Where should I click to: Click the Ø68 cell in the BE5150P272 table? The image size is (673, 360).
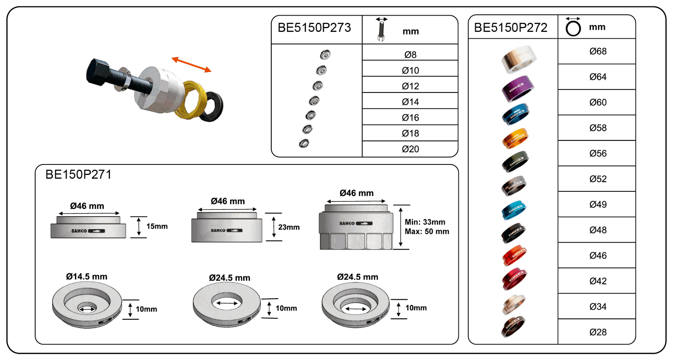coord(597,51)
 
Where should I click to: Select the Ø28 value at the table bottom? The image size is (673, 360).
coord(597,332)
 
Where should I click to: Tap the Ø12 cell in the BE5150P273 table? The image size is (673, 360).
coord(410,86)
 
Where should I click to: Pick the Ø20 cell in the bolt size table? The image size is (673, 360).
coord(410,149)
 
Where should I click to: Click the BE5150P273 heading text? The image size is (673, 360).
coord(314,28)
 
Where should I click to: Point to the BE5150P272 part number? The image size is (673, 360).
coord(511,28)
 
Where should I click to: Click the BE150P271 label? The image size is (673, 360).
coord(79,175)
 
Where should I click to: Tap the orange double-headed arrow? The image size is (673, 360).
coord(191,64)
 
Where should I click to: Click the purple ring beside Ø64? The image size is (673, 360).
coord(518,88)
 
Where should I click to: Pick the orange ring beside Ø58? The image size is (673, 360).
coord(515,138)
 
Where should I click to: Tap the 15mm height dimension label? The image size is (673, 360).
coord(157,226)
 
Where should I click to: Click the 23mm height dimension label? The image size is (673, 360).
coord(289,227)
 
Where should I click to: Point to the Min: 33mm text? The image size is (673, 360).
coord(425,222)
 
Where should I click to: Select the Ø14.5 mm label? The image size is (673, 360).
coord(87,277)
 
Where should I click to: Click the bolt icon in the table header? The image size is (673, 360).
coord(381,30)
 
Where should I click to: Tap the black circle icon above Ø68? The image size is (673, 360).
coord(573,28)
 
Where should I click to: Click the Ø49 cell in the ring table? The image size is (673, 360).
coord(597,204)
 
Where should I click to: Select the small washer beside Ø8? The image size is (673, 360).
coord(325,55)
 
